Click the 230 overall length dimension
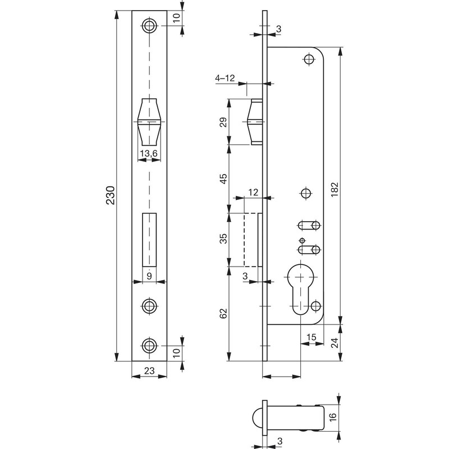coord(111,195)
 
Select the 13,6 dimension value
coord(149,153)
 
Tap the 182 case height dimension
coord(335,189)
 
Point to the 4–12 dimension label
coord(225,78)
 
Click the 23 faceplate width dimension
coord(149,370)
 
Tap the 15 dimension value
coord(311,337)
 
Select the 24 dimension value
coord(335,342)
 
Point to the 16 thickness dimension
coord(333,416)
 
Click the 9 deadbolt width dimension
coord(149,276)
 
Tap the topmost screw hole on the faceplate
coord(149,26)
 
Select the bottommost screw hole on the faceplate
coord(149,346)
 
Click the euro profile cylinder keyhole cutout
coord(300,289)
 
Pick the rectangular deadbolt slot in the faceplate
coord(149,240)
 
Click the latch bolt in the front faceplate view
coord(149,122)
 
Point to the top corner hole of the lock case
coord(309,59)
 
